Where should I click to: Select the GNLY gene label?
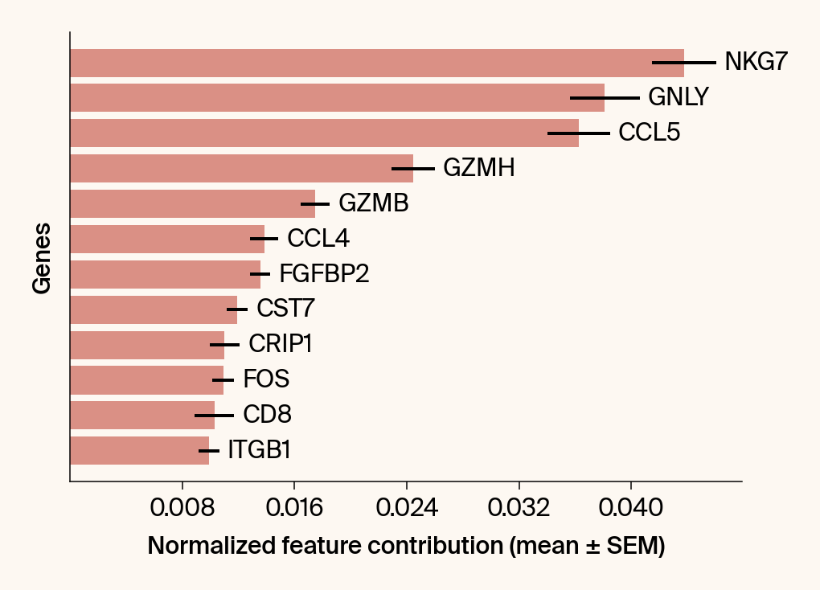click(678, 97)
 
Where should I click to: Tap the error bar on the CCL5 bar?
click(579, 133)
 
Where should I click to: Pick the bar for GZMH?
click(241, 168)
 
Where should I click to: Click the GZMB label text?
click(374, 203)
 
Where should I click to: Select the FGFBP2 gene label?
click(324, 274)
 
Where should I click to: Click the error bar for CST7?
click(237, 309)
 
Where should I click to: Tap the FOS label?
click(266, 379)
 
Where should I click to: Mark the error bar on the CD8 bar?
click(214, 416)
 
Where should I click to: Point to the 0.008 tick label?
click(182, 508)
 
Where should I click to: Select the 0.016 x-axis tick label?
click(294, 508)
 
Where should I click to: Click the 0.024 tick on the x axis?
click(407, 508)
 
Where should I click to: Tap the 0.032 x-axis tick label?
click(519, 508)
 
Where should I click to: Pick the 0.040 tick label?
click(631, 508)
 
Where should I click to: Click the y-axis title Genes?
click(42, 257)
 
